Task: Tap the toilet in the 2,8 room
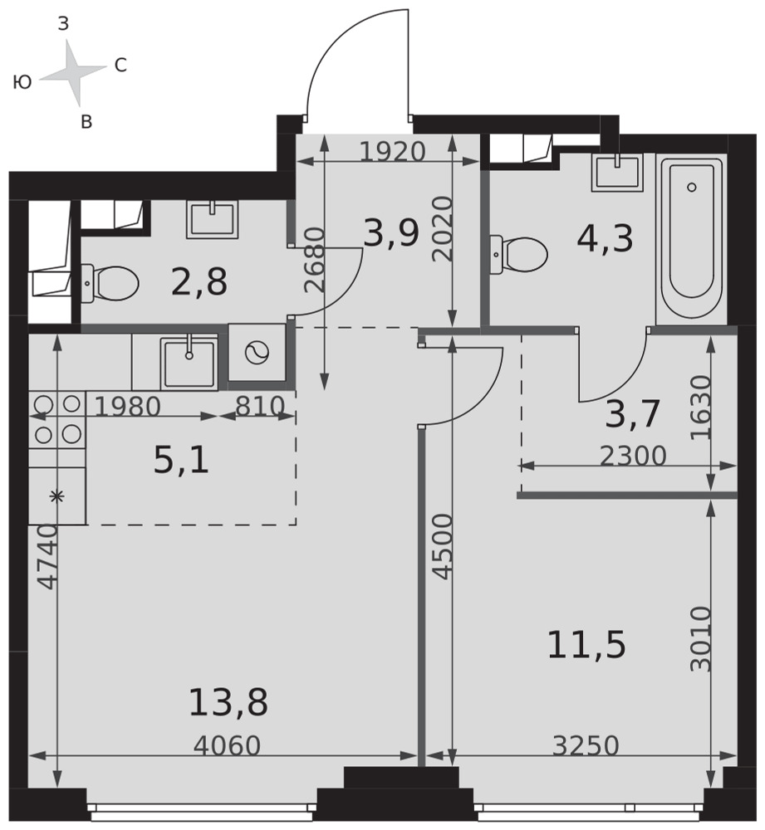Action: [x=110, y=284]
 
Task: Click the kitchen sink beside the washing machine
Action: [x=189, y=362]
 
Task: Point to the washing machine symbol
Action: [x=257, y=352]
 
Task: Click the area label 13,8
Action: [x=228, y=702]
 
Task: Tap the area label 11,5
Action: [x=586, y=645]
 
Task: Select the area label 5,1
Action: [x=181, y=460]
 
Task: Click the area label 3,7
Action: [x=632, y=414]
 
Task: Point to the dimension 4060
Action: [x=227, y=746]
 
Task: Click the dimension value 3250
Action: [x=586, y=746]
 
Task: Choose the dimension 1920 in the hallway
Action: [x=393, y=152]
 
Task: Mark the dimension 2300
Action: [x=633, y=456]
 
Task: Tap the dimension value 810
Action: [x=260, y=407]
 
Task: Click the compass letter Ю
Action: [x=22, y=82]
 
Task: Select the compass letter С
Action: [x=120, y=66]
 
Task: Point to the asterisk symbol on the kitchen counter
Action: [x=56, y=496]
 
